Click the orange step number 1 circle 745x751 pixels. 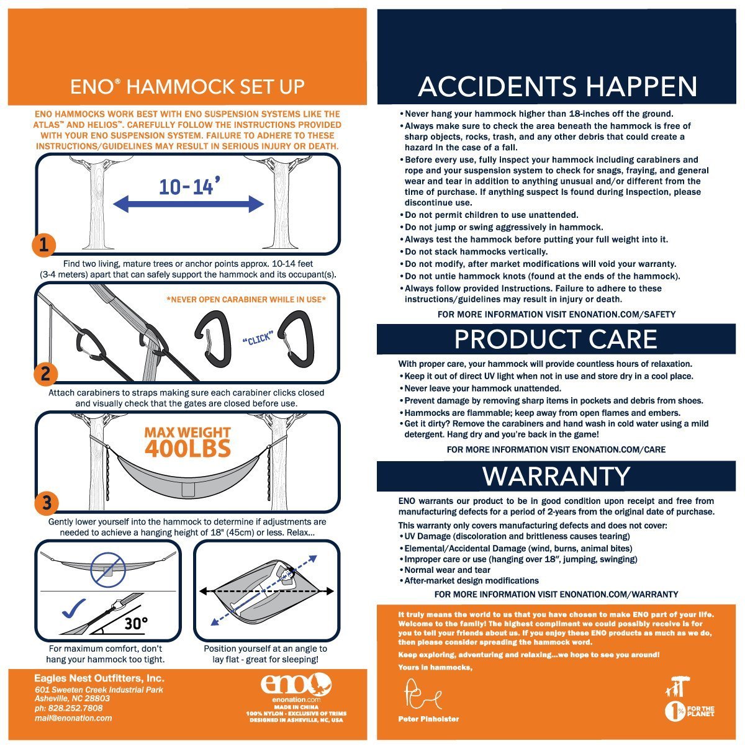coord(43,245)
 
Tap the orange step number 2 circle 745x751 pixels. coord(45,374)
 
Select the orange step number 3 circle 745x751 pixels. coord(47,502)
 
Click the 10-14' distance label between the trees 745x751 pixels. coord(189,186)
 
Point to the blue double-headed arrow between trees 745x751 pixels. coord(188,204)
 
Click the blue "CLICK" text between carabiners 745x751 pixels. coord(258,338)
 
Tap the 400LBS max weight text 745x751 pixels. coord(188,447)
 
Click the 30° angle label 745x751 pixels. coord(136,623)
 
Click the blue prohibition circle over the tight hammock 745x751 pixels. coord(108,569)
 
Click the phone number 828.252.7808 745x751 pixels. coord(69,708)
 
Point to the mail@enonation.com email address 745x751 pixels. coord(73,718)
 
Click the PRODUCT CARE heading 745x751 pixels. coord(556,339)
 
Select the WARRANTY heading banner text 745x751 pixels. coord(556,476)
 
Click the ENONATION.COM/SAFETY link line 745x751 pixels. coord(556,314)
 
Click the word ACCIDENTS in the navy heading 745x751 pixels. coord(497,86)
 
